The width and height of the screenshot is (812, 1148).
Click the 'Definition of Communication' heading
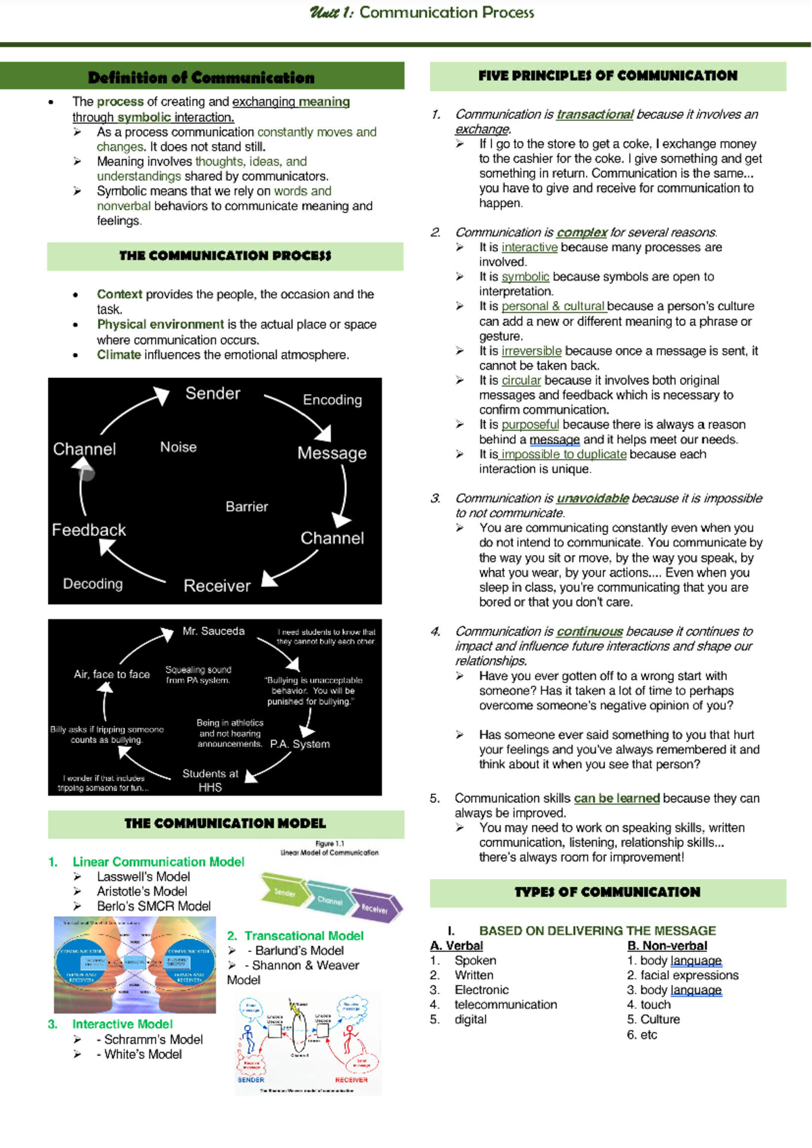click(201, 78)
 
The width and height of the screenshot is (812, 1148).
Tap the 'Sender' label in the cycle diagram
click(212, 393)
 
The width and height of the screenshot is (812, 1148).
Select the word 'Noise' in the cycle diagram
click(178, 447)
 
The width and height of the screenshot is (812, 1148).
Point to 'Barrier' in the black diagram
click(246, 506)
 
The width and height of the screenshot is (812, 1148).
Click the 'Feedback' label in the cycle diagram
click(89, 530)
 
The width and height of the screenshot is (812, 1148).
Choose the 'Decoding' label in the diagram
click(93, 583)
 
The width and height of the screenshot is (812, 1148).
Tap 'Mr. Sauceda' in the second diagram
click(213, 631)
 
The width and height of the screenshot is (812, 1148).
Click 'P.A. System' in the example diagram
click(300, 744)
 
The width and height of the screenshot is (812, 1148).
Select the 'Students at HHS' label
click(210, 780)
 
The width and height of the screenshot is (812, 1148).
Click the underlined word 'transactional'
click(594, 114)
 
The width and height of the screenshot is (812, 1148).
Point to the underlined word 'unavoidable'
click(592, 498)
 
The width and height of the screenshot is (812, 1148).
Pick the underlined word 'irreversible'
click(531, 351)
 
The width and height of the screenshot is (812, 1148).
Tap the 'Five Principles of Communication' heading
click(608, 76)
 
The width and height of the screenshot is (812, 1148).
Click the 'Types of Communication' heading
click(607, 892)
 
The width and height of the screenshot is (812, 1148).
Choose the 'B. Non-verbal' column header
click(667, 946)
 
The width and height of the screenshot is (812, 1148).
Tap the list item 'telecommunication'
click(505, 1005)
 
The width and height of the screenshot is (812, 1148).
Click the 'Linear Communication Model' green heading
click(158, 862)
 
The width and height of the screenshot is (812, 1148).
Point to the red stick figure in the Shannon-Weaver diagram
click(349, 1038)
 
